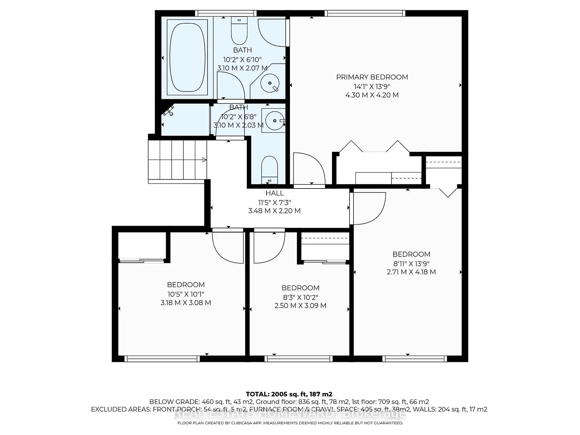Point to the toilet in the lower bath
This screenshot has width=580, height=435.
(x=269, y=170)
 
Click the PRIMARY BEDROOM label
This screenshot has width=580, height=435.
(x=372, y=77)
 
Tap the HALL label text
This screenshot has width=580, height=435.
(x=275, y=193)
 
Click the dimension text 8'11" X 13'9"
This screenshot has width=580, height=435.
(x=411, y=263)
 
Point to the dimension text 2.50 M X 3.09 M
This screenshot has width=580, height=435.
(x=300, y=306)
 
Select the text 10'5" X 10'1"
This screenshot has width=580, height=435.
(x=186, y=294)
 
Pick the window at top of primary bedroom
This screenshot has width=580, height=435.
(x=365, y=13)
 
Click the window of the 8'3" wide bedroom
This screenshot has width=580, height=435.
(x=298, y=359)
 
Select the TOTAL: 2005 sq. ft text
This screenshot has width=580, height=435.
(x=289, y=394)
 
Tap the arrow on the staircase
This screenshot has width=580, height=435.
(x=204, y=160)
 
